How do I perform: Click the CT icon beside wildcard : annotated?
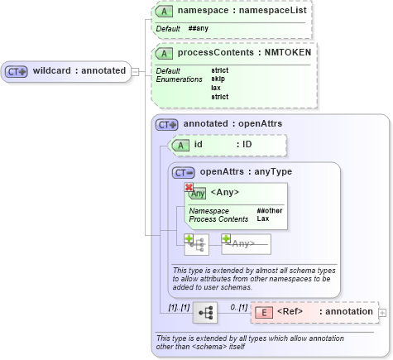click(x=17, y=71)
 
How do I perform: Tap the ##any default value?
click(x=198, y=28)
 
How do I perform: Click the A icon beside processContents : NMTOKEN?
click(x=165, y=52)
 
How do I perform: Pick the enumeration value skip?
click(x=219, y=79)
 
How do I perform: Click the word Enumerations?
click(x=179, y=79)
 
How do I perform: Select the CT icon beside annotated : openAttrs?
click(x=168, y=124)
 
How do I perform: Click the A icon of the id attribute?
click(x=180, y=145)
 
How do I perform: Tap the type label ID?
click(x=247, y=145)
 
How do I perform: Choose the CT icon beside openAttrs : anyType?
click(x=184, y=172)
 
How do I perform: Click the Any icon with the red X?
click(x=195, y=192)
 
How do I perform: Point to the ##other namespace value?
click(x=269, y=211)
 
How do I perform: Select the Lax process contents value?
click(x=262, y=219)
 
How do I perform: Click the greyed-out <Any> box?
click(x=246, y=243)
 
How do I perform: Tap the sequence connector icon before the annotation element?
click(x=204, y=312)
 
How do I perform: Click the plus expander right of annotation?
click(x=382, y=312)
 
